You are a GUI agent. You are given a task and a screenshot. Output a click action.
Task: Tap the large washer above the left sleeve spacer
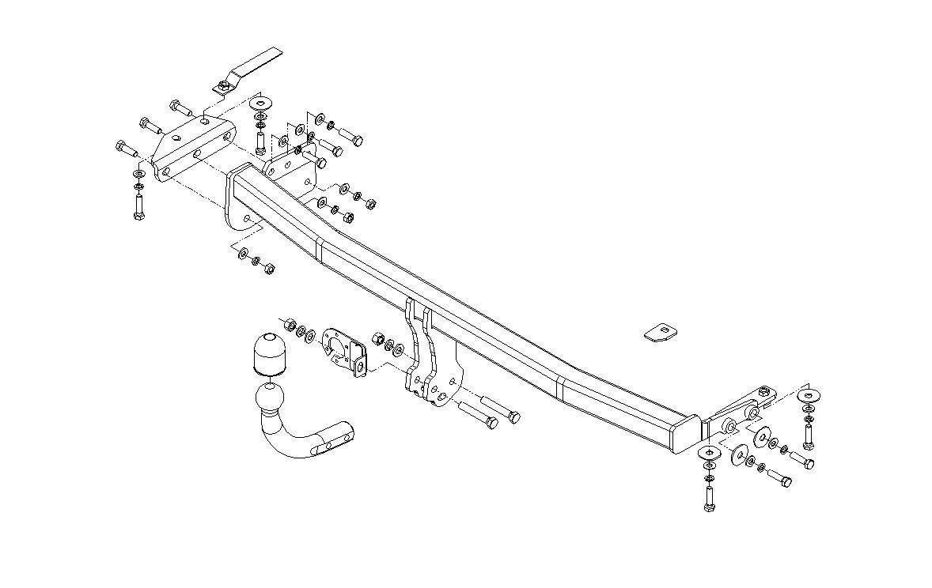[259, 104]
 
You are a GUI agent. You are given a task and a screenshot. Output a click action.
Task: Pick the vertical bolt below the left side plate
[139, 206]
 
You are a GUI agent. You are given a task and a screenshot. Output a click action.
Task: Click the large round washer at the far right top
[808, 396]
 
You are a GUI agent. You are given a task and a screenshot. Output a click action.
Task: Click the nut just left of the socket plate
[289, 324]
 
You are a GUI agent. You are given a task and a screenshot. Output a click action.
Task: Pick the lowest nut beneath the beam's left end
[268, 268]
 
